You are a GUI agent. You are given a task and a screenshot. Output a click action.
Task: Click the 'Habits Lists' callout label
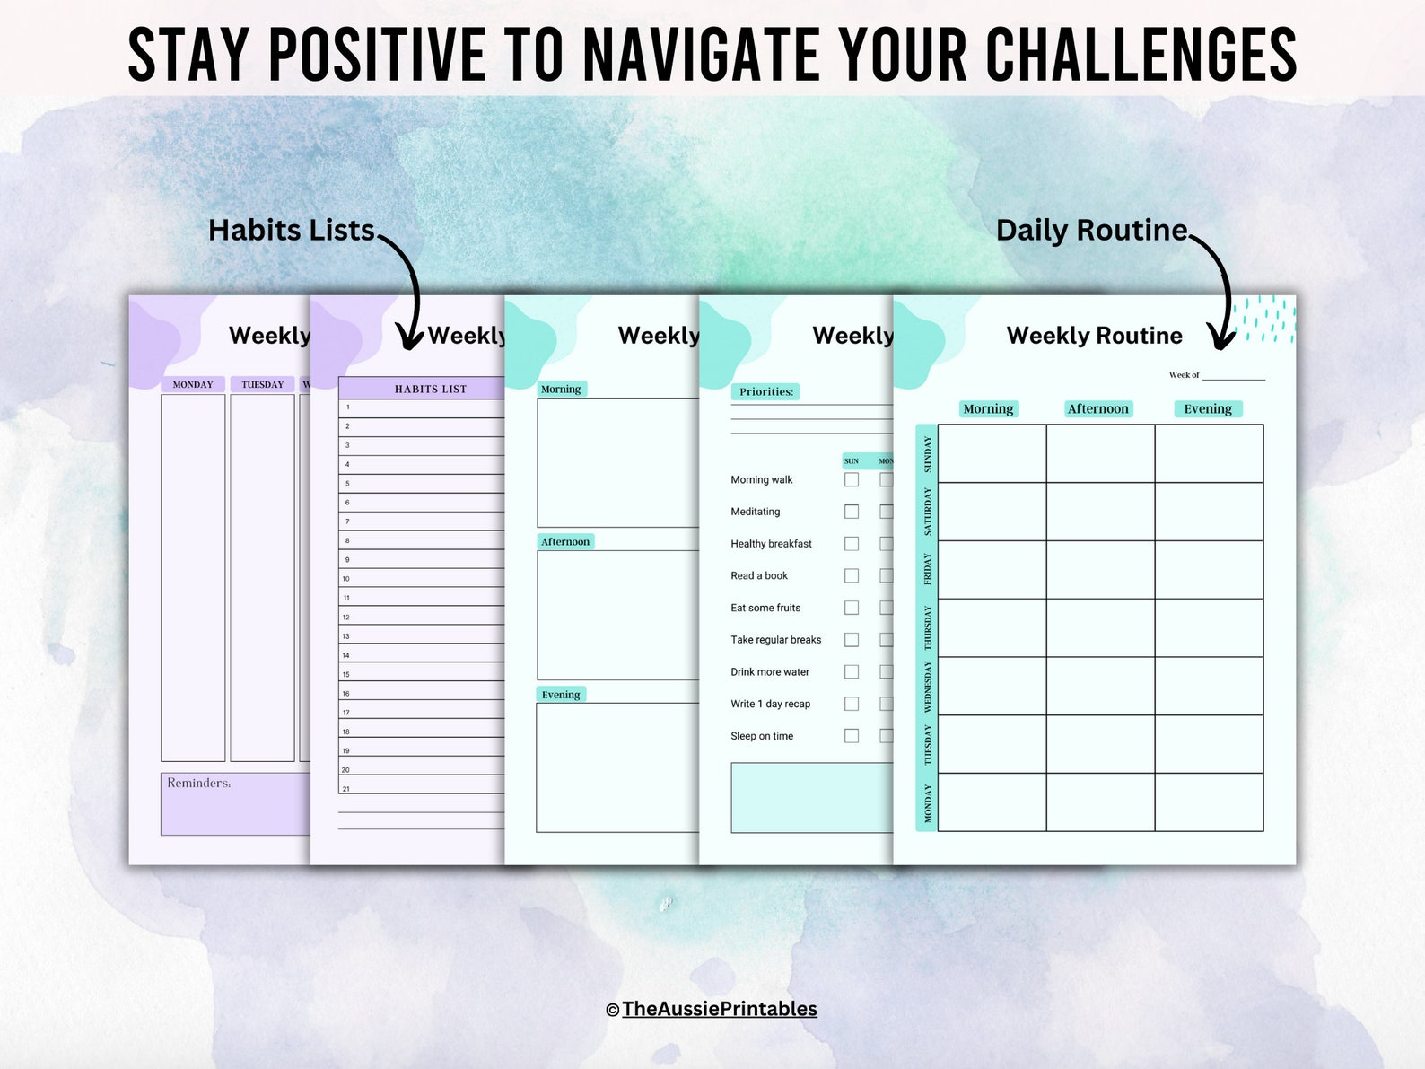(x=291, y=231)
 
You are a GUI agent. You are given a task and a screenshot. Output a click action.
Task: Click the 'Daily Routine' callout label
(x=1091, y=231)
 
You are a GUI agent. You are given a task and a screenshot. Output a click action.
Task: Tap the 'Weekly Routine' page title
(x=1094, y=336)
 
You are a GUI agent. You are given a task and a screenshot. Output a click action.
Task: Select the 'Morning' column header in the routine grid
(x=988, y=409)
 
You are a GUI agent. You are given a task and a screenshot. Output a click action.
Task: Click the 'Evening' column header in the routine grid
(x=1207, y=409)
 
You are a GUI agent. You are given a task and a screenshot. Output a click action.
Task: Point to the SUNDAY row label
(x=927, y=454)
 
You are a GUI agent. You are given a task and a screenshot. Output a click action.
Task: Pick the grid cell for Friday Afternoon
(x=1100, y=569)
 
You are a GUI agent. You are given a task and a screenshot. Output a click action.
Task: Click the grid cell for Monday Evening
(x=1209, y=802)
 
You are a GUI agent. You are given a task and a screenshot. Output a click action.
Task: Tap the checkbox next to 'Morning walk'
(x=852, y=480)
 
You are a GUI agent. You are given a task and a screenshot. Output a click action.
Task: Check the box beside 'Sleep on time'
(x=852, y=736)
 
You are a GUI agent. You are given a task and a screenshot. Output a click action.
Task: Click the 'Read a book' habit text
(x=759, y=576)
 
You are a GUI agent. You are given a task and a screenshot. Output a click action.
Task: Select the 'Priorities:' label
(x=765, y=392)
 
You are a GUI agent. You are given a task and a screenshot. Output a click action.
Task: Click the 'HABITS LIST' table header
(x=430, y=390)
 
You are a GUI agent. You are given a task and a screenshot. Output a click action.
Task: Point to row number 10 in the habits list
(x=346, y=579)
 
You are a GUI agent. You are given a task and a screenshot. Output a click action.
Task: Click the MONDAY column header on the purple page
(x=193, y=385)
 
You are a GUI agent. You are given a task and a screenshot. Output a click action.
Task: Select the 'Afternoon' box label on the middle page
(x=565, y=542)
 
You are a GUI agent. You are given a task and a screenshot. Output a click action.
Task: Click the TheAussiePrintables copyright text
(x=719, y=1009)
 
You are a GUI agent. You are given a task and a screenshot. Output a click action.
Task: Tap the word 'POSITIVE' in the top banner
(x=377, y=56)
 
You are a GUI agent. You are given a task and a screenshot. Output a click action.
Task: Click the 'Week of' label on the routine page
(x=1184, y=375)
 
